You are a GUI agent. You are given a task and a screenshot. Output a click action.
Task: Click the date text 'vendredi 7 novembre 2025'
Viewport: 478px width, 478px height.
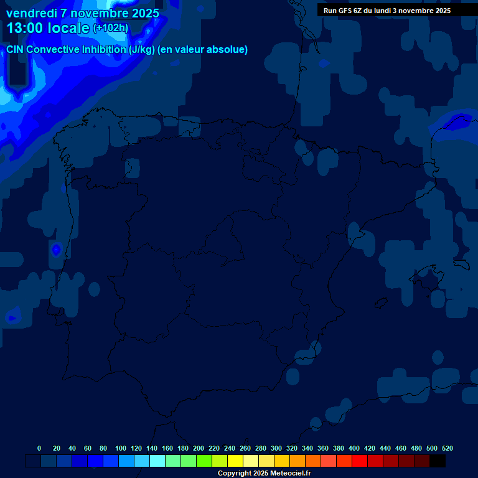click(82, 13)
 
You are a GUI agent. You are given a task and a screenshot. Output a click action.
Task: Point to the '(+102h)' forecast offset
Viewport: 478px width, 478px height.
click(110, 28)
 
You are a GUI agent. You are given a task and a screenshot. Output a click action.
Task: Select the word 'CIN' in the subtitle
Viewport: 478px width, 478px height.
click(16, 50)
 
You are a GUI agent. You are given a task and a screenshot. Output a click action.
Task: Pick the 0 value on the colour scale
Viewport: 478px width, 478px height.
click(39, 448)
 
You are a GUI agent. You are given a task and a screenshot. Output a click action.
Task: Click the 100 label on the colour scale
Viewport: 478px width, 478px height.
click(120, 448)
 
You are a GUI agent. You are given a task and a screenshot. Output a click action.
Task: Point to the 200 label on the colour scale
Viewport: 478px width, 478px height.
click(199, 448)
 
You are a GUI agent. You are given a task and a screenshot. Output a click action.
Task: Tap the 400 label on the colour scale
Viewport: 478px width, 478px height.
click(354, 448)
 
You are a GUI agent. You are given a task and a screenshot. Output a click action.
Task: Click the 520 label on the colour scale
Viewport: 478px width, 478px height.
click(447, 448)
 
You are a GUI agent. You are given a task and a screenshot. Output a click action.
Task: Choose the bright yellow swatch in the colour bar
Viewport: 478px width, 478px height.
click(235, 461)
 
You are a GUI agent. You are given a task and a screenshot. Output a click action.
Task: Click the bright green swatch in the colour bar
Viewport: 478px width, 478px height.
click(204, 461)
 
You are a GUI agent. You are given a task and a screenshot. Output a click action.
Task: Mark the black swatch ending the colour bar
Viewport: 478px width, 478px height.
click(438, 461)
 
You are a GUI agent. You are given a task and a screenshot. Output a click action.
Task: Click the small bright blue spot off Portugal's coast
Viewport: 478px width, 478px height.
click(56, 250)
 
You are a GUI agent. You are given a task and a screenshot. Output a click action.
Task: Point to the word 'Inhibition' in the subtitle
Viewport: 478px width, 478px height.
click(103, 50)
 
